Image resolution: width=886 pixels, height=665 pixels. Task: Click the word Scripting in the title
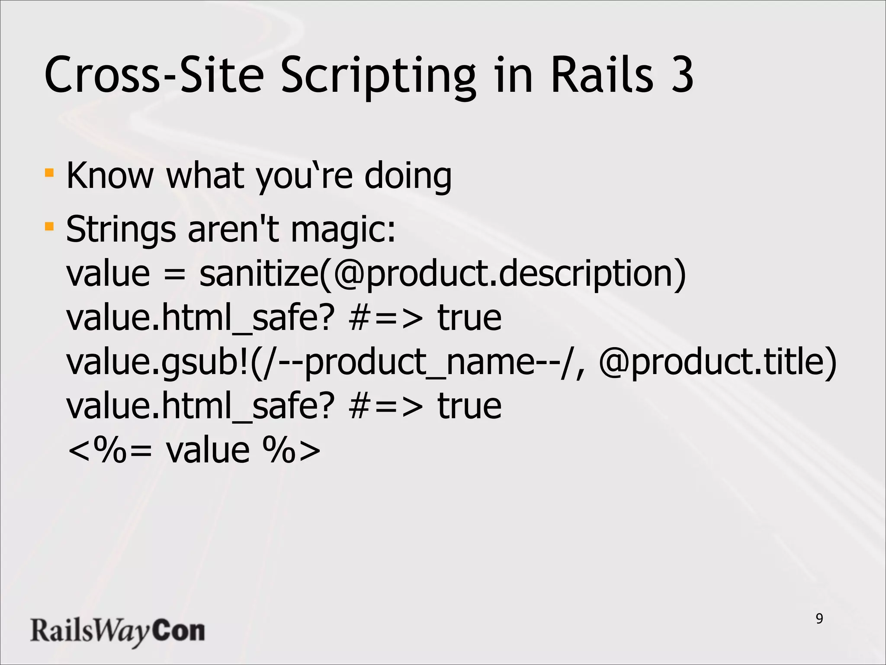point(379,76)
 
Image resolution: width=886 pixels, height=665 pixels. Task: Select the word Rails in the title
point(602,74)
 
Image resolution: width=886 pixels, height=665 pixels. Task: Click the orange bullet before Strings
point(49,226)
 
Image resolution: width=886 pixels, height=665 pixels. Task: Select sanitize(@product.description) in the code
point(443,274)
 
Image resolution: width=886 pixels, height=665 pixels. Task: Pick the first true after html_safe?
point(469,318)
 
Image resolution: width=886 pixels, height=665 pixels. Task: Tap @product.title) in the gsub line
point(718,363)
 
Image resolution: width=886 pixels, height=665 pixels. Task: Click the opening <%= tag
point(110,451)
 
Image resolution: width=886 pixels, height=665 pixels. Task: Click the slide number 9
point(819,619)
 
